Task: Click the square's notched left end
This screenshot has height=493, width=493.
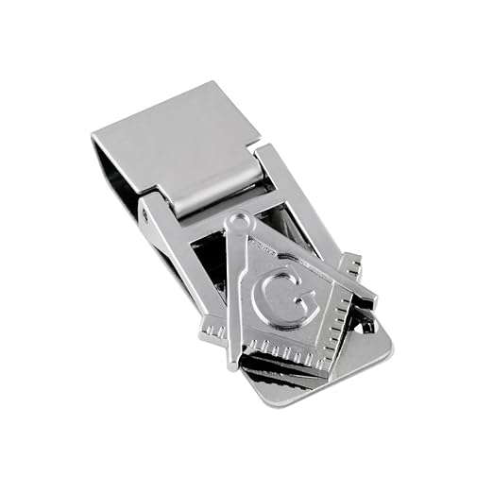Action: point(213,330)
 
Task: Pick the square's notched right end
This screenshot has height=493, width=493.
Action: point(351,263)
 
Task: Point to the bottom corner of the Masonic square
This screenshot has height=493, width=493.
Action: point(325,370)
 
